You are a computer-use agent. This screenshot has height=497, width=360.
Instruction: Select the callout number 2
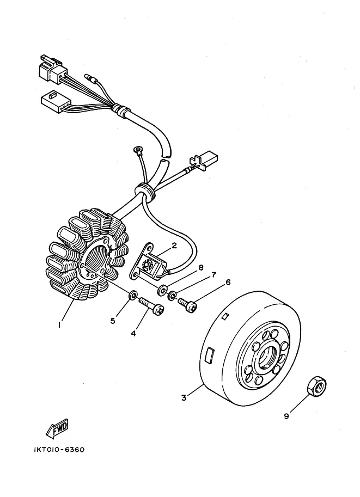point(174,246)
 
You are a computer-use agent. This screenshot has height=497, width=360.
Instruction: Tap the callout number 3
point(184,398)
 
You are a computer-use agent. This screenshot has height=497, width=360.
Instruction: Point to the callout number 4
point(132,333)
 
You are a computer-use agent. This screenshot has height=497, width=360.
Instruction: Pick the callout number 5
point(113,321)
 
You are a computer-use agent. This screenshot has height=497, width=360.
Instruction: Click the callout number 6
point(228,282)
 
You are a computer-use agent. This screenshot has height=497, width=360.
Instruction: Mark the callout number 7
point(214,275)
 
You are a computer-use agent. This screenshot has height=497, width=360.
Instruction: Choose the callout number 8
point(200,268)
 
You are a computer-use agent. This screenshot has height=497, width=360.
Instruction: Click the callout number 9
point(286,417)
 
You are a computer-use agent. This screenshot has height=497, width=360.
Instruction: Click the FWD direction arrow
point(57,429)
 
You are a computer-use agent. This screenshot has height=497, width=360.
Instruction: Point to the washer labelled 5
point(132,296)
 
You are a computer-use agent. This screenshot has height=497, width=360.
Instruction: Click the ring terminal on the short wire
point(137,148)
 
